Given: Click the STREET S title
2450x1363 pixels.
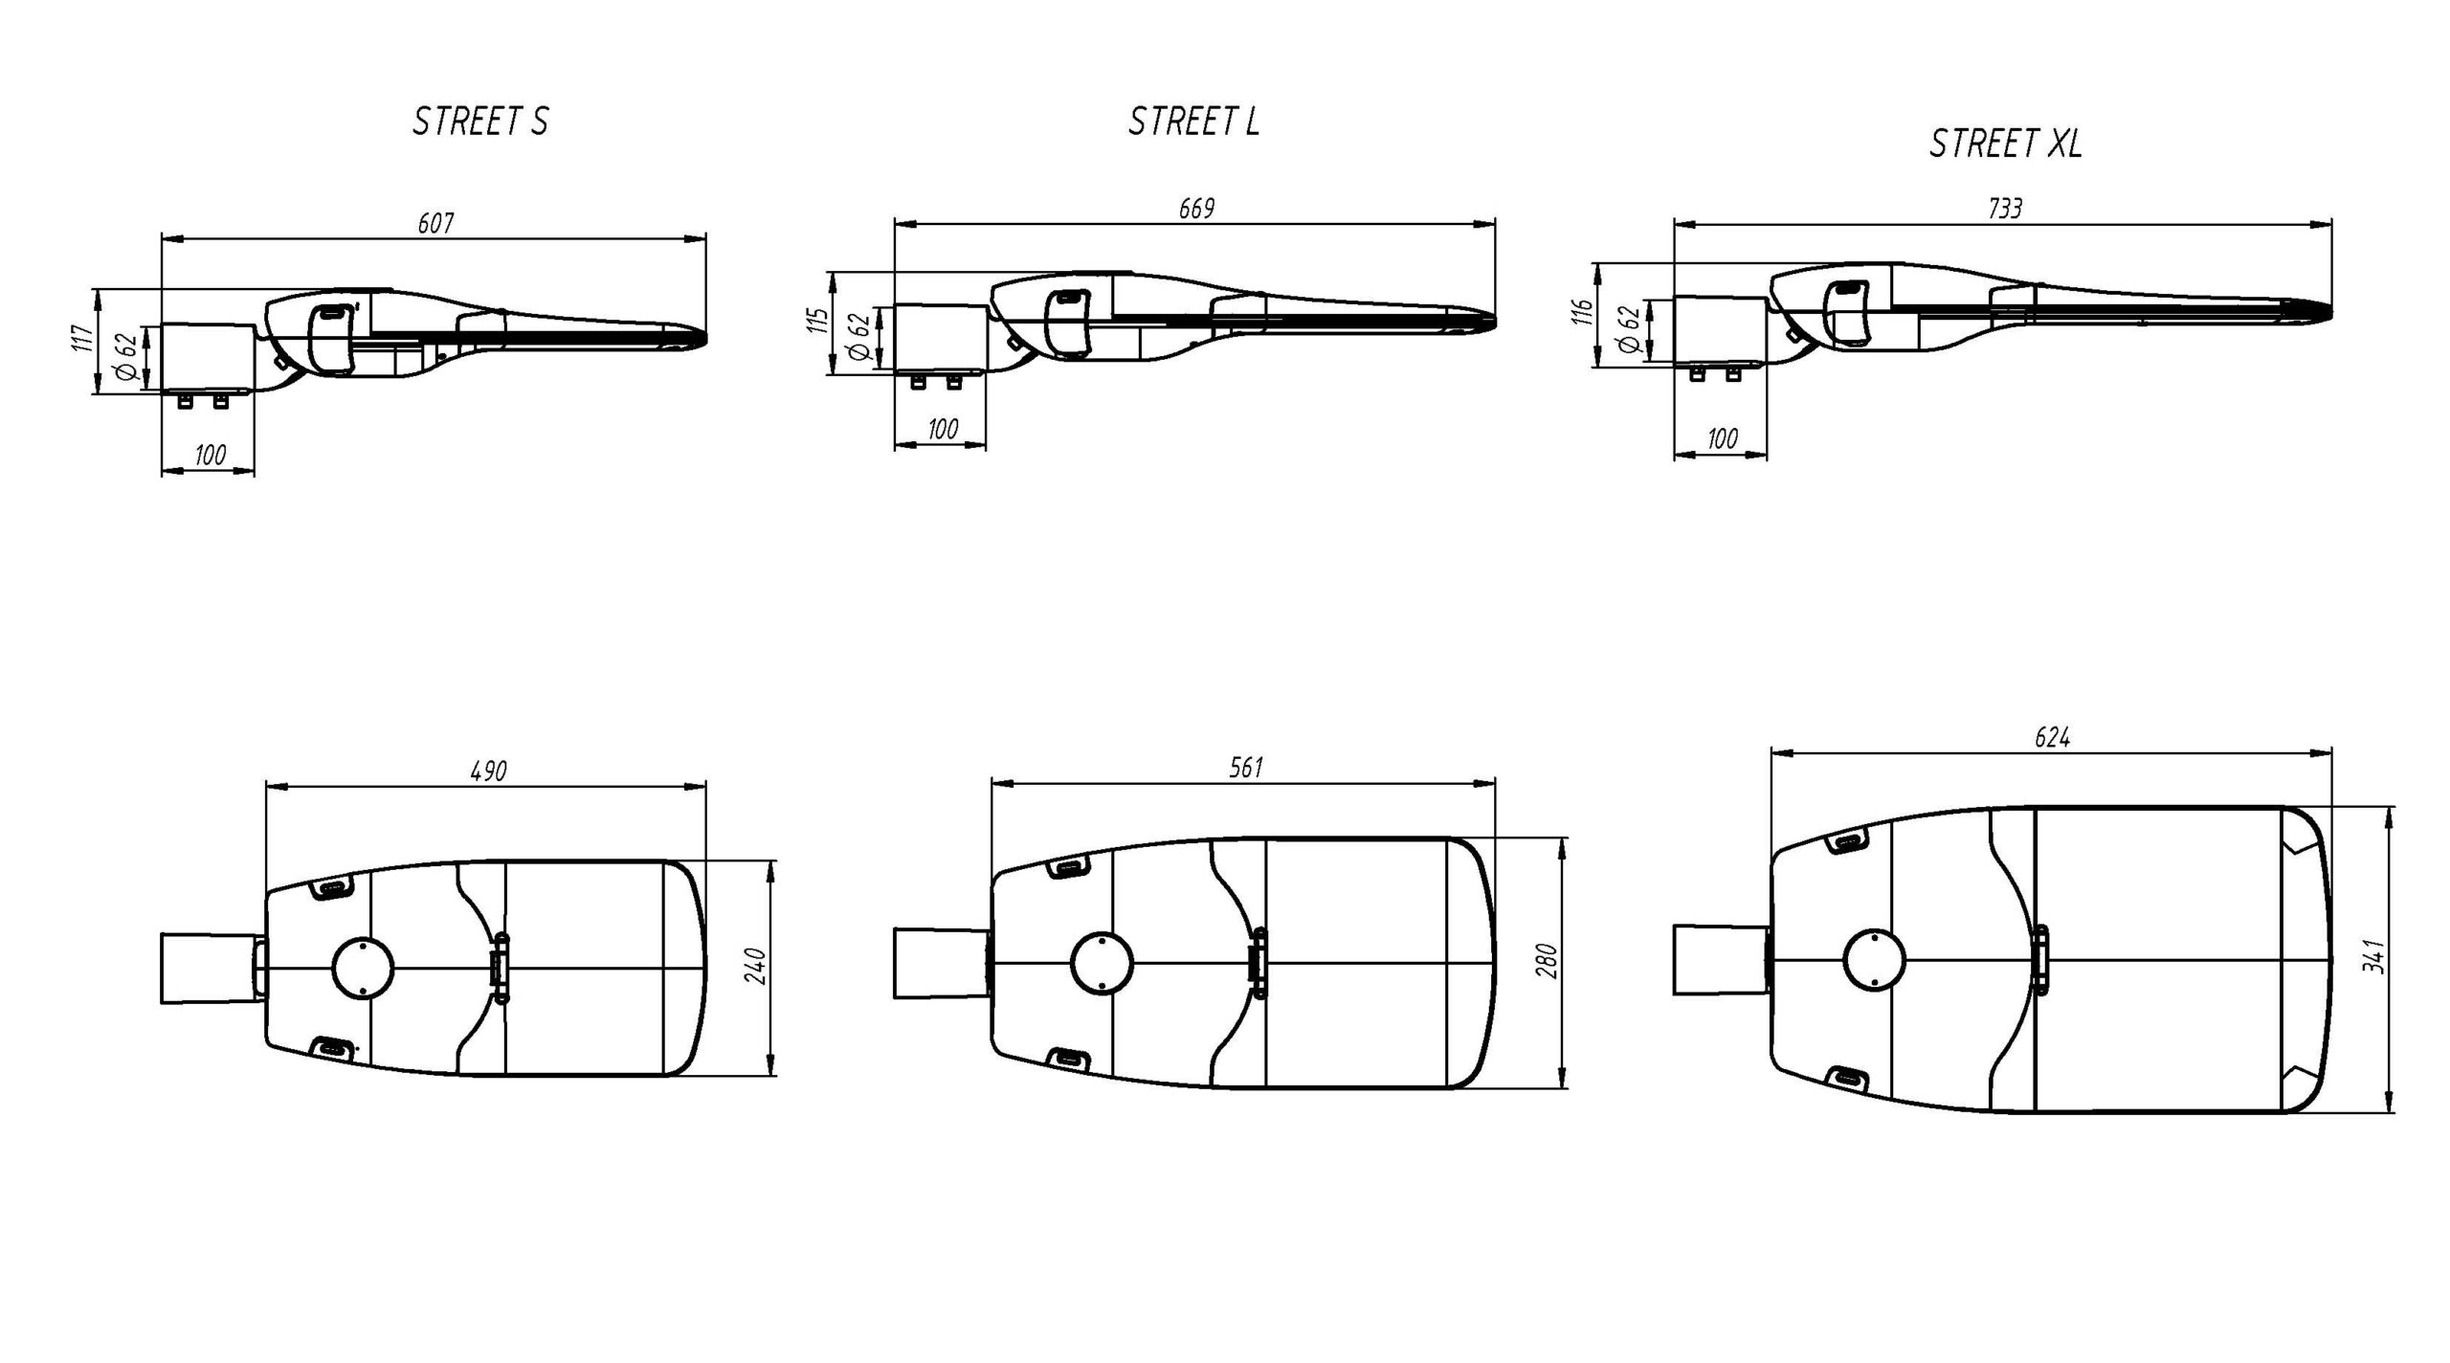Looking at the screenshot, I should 480,123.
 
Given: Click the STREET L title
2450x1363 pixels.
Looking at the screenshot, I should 1193,122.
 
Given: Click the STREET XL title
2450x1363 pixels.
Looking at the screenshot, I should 2006,144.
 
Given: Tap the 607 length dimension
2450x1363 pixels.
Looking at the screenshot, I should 435,223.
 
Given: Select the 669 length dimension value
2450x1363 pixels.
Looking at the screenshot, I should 1196,209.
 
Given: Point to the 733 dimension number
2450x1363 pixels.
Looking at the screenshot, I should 2005,209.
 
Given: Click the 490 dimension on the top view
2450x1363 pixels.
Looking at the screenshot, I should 488,771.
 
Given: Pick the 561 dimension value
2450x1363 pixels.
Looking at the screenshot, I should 1246,767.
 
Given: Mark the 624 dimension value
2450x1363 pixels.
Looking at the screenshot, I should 2053,738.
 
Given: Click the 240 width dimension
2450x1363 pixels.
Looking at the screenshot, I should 756,967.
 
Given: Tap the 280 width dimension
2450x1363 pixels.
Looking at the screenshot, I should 1548,961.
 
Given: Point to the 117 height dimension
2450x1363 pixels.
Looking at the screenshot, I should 84,339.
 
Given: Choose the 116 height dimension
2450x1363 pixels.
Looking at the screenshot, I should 1582,314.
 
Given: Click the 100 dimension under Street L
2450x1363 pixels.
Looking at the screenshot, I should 943,429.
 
